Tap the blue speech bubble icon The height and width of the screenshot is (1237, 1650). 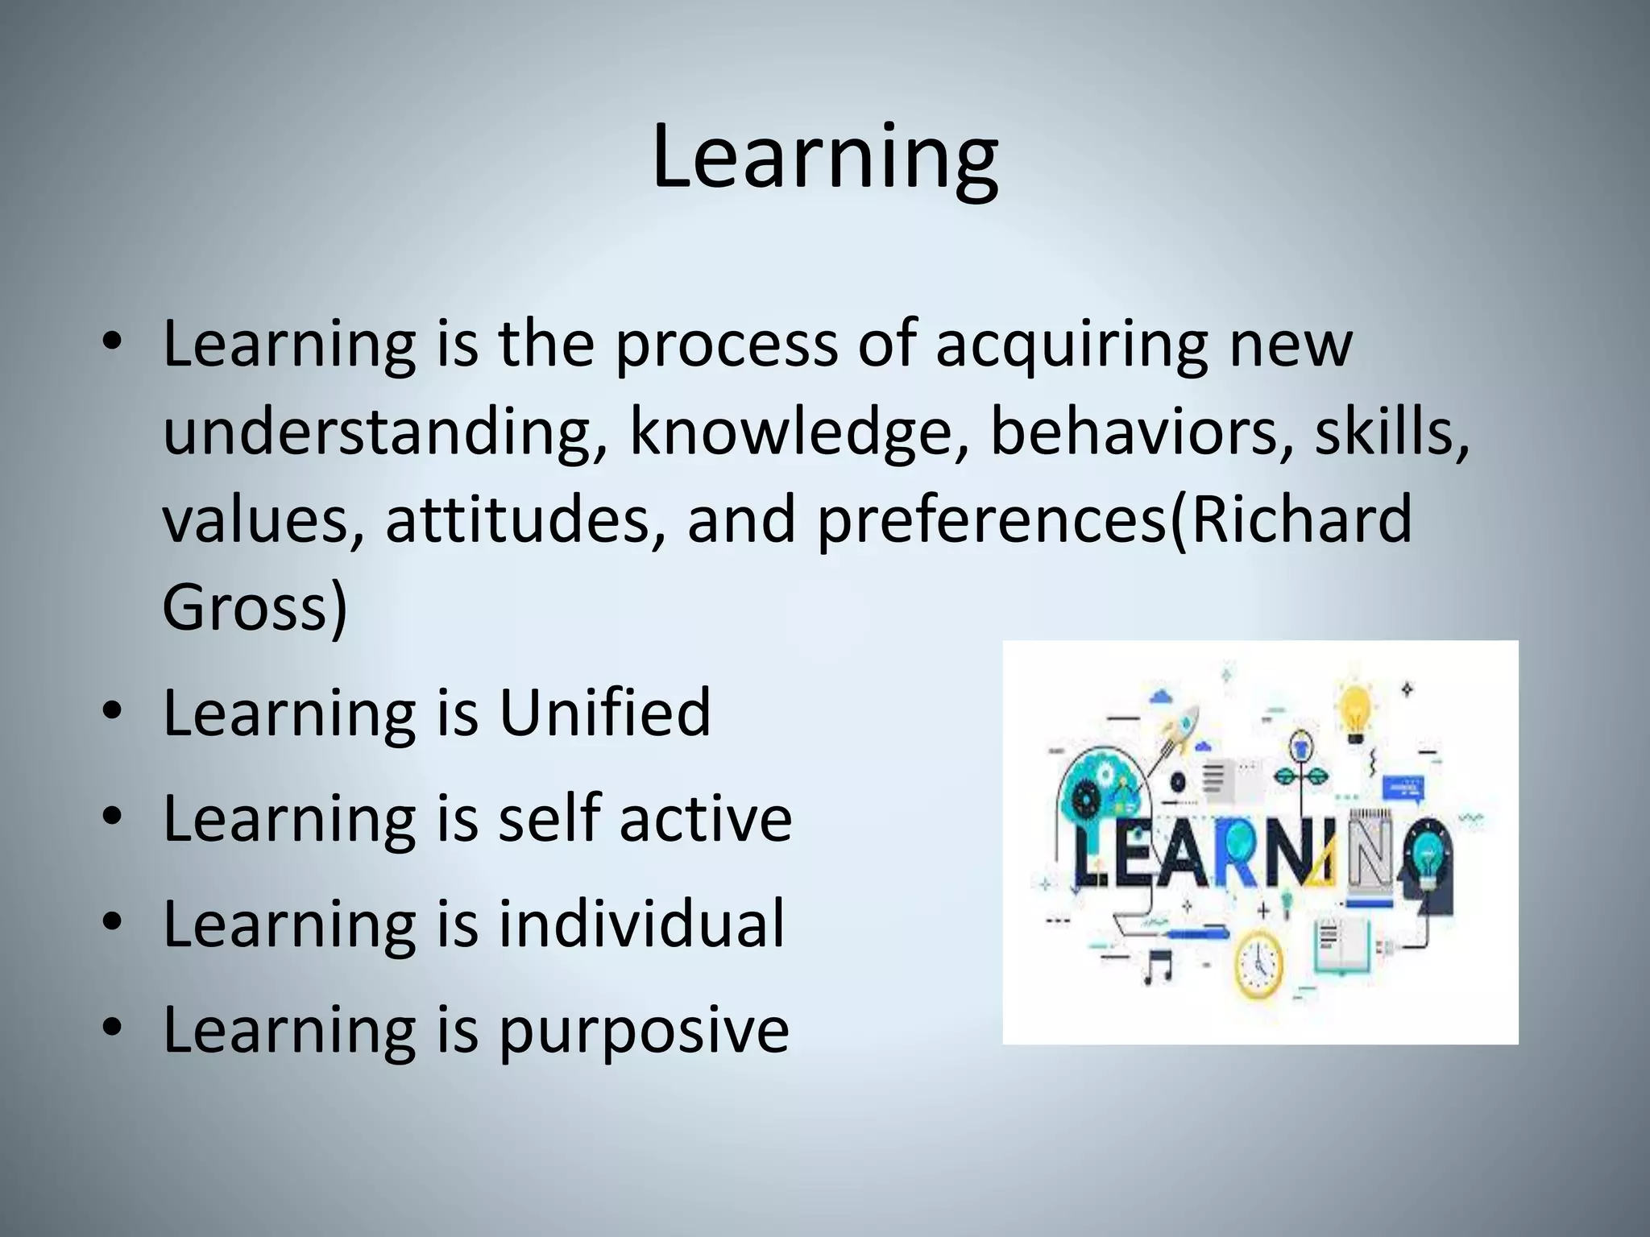pyautogui.click(x=1403, y=787)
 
